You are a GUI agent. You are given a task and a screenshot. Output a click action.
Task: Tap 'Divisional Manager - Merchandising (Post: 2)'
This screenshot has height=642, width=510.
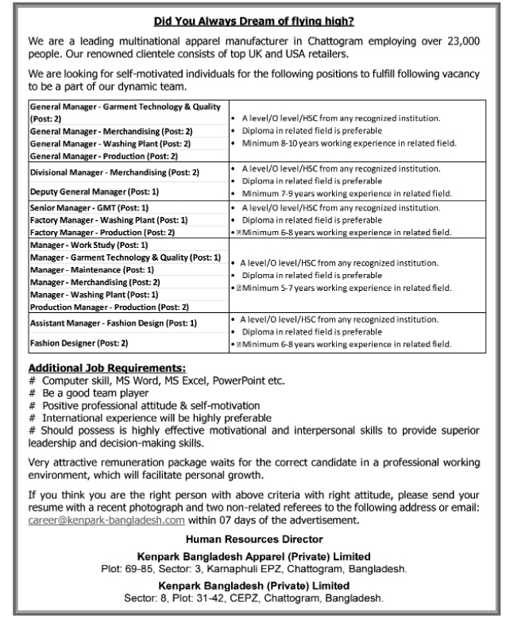(x=114, y=172)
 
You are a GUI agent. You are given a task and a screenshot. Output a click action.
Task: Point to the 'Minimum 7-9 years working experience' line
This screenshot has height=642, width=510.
(x=347, y=192)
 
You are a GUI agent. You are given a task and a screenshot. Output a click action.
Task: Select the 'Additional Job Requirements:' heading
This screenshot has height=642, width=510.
(x=107, y=368)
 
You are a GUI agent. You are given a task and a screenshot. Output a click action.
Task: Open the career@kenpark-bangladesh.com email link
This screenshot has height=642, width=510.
(x=106, y=521)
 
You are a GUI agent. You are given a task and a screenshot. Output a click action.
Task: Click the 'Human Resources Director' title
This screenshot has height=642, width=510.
(x=255, y=540)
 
